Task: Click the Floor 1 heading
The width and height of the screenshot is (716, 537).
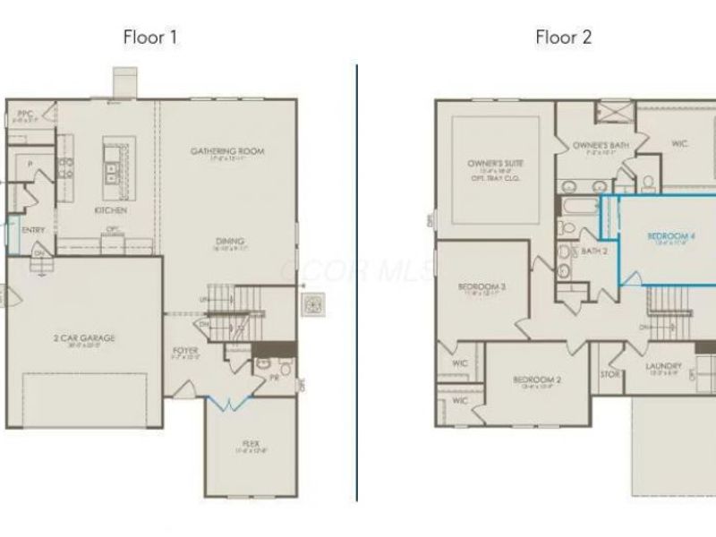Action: pyautogui.click(x=150, y=37)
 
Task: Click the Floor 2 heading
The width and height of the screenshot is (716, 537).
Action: pyautogui.click(x=564, y=37)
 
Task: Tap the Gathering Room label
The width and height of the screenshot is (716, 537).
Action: pyautogui.click(x=227, y=151)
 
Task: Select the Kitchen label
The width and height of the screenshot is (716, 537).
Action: pyautogui.click(x=111, y=210)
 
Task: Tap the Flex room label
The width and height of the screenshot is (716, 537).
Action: pyautogui.click(x=251, y=443)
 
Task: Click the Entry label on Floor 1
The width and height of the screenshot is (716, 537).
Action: pyautogui.click(x=33, y=230)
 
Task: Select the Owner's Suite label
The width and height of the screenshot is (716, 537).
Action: pyautogui.click(x=495, y=165)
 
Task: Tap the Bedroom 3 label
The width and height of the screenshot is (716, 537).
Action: pyautogui.click(x=482, y=287)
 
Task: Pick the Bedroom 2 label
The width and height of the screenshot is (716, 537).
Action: pyautogui.click(x=537, y=380)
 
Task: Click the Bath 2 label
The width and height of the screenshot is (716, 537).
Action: pyautogui.click(x=594, y=251)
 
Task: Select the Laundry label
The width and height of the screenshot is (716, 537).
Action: pyautogui.click(x=664, y=366)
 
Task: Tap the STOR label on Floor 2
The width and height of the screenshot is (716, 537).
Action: pyautogui.click(x=610, y=374)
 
